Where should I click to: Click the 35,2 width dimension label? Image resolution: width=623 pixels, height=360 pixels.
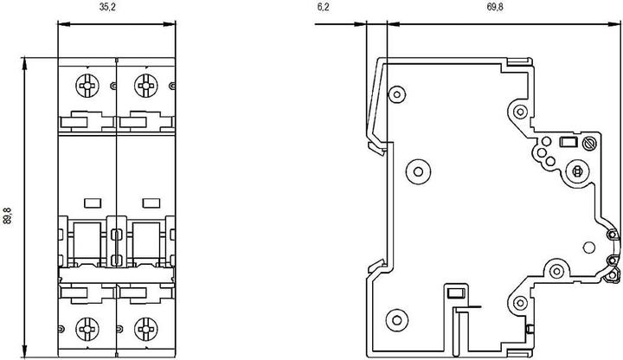pos(88,8)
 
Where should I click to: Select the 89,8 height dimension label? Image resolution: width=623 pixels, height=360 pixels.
pos(8,215)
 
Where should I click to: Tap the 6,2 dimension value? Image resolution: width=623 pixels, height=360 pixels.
pos(324,8)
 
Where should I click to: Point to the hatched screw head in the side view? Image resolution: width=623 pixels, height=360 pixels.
pos(592,144)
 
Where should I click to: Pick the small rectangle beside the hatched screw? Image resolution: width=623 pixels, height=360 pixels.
pos(568,144)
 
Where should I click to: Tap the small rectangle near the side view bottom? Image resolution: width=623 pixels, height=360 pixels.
pos(454,292)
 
